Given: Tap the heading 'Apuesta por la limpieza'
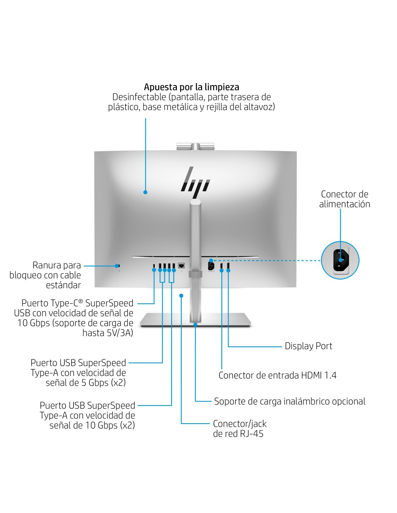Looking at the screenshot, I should (191, 87).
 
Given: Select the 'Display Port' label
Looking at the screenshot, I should (308, 346).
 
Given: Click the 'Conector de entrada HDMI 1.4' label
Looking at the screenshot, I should (277, 375).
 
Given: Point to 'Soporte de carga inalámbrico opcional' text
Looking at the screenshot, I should (289, 401).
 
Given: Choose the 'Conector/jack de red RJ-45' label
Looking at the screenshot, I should (239, 429).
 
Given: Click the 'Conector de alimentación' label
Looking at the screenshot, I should (344, 199).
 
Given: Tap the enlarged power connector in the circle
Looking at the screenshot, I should (340, 260).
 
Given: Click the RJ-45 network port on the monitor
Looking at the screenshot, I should (182, 266).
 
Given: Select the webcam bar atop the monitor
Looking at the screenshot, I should (195, 146).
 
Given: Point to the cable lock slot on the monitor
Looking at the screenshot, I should (119, 266).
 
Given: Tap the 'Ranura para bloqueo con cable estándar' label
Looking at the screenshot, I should (45, 275).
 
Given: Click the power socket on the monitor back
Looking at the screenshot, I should (211, 267).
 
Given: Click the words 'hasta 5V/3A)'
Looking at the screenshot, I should (108, 333).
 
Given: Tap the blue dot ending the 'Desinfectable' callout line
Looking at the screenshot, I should (145, 192).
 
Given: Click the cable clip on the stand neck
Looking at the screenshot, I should (195, 275).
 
